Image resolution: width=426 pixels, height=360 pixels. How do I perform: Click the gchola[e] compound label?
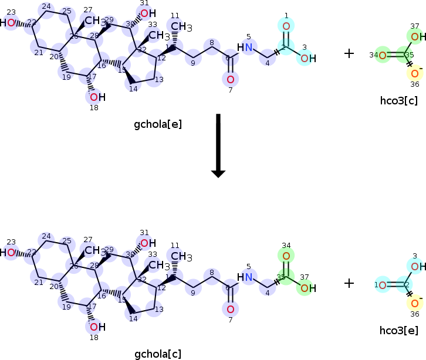click(158, 124)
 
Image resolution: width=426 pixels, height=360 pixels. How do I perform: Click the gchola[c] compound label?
click(158, 354)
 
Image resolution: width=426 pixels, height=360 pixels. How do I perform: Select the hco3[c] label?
click(398, 101)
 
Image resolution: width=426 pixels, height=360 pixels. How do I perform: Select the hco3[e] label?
click(398, 331)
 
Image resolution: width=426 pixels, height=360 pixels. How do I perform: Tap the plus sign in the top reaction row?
click(349, 53)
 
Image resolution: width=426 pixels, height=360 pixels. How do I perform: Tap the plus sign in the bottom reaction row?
click(349, 283)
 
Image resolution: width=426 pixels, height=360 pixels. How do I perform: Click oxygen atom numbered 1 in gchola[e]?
click(286, 26)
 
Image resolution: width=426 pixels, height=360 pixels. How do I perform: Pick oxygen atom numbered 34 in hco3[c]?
click(382, 56)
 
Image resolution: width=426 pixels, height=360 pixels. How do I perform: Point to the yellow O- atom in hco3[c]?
click(415, 73)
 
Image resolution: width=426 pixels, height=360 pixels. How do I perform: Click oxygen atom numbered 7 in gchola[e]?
click(230, 79)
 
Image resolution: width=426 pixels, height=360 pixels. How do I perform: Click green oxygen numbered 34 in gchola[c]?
click(286, 256)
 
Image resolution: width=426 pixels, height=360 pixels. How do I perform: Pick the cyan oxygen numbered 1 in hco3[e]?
click(382, 286)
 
